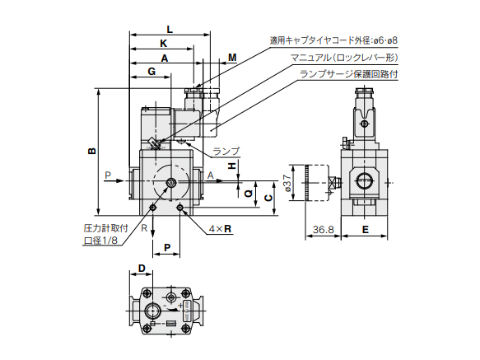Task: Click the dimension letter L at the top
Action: click(x=169, y=28)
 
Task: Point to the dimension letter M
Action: click(x=231, y=58)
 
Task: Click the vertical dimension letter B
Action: click(x=92, y=151)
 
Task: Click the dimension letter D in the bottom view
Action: click(x=142, y=269)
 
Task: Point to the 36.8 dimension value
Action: click(x=323, y=231)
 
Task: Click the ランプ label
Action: click(x=226, y=151)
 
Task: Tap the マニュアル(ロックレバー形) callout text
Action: click(x=343, y=58)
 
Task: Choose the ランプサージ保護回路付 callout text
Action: click(x=348, y=73)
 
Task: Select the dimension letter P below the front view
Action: click(x=167, y=246)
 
